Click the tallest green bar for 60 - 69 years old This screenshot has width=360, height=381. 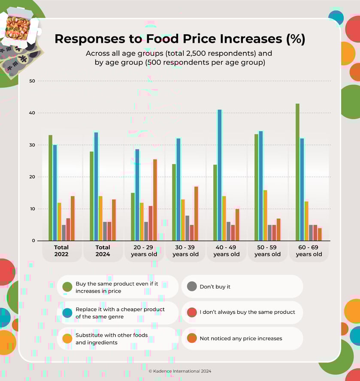[297, 172]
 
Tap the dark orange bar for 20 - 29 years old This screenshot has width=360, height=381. [155, 200]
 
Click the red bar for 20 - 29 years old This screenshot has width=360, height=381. [150, 223]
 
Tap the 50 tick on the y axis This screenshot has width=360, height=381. [32, 81]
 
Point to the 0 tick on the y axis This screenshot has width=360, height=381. [33, 241]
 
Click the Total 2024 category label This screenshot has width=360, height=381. [103, 251]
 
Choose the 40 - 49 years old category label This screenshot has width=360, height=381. [227, 251]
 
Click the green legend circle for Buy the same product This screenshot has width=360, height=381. [67, 287]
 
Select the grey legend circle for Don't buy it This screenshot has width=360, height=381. [192, 287]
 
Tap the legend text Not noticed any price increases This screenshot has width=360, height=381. [241, 339]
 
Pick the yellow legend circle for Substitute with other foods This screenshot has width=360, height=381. [67, 339]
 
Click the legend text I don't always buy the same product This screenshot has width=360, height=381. [247, 312]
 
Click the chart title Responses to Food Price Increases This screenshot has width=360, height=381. [180, 39]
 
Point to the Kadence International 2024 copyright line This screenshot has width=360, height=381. [180, 371]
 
